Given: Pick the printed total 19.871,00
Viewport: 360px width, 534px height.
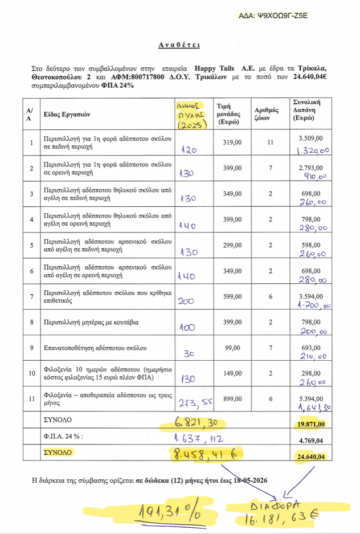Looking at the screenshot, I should coord(310,424).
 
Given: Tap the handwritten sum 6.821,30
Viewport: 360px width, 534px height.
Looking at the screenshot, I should coord(194,424).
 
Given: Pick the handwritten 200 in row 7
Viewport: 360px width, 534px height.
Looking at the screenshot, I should coord(186,302).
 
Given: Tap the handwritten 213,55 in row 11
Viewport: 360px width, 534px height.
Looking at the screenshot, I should coord(194,402).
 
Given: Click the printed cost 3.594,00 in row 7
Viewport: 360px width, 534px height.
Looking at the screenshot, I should coord(311,297).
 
